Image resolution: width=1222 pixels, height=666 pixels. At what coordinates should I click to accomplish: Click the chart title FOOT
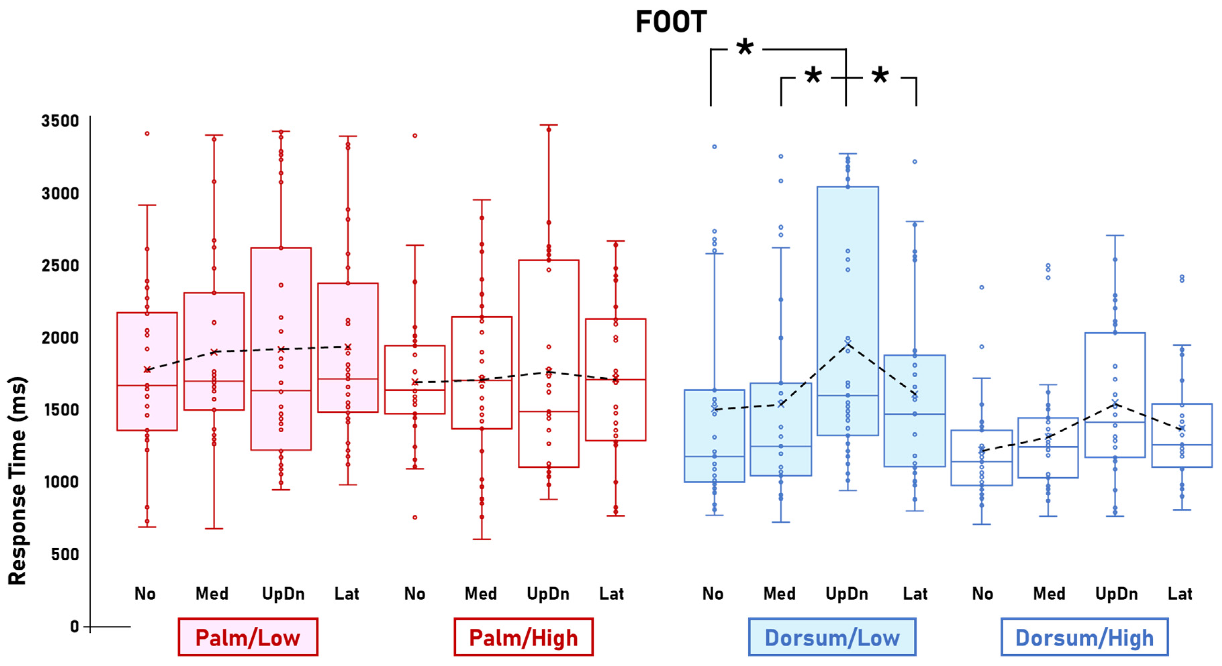[671, 22]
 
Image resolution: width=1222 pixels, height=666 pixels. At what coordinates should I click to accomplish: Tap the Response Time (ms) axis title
[17, 480]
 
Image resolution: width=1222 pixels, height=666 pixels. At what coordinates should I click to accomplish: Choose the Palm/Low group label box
[248, 637]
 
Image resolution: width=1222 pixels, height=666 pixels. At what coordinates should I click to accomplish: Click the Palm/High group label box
[523, 637]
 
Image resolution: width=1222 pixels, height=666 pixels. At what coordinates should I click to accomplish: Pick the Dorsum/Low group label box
[832, 637]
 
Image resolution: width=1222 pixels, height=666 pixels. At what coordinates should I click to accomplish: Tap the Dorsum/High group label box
[1084, 637]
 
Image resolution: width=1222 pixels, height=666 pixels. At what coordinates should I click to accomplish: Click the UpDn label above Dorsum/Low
[847, 594]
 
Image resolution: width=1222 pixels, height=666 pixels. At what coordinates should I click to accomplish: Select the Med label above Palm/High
[480, 594]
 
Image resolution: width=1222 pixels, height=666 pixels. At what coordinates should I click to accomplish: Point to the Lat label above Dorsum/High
[1180, 594]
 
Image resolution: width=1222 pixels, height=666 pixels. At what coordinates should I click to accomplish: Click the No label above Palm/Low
[145, 594]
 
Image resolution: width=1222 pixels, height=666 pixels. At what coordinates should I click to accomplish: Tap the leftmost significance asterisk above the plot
[745, 47]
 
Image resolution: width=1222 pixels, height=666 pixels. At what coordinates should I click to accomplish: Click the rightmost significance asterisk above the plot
[880, 75]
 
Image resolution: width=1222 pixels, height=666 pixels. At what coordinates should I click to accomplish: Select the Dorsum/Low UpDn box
[848, 311]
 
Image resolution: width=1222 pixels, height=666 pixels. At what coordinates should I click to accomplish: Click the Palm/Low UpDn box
[281, 348]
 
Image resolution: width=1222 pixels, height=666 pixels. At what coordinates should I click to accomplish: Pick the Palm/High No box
[415, 379]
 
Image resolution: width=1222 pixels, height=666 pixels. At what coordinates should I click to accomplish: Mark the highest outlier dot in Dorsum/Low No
[714, 147]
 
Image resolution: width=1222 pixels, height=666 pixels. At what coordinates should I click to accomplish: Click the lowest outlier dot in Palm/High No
[415, 517]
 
